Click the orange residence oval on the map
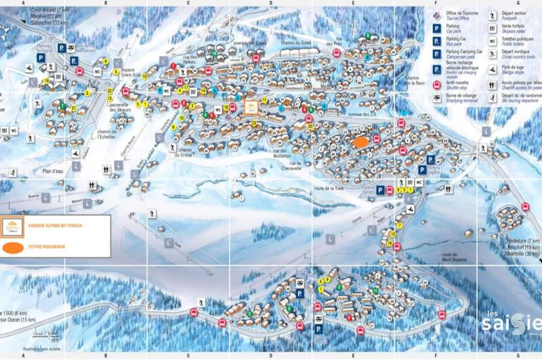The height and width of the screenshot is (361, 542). (x=360, y=142)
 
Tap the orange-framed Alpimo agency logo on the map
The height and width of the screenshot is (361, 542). (x=251, y=108)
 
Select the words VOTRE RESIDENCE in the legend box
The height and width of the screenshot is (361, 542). (x=47, y=247)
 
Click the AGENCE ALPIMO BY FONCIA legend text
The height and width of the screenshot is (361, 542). (x=55, y=225)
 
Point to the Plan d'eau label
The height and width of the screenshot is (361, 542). (x=53, y=171)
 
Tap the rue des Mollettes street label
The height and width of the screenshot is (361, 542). (x=282, y=154)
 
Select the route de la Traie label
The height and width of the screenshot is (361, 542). (x=328, y=188)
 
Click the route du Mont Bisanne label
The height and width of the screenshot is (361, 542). (x=454, y=257)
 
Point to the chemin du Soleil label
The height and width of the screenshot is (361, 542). (x=296, y=43)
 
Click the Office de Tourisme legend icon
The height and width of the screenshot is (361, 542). (x=437, y=16)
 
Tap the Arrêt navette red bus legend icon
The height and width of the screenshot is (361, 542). (x=437, y=85)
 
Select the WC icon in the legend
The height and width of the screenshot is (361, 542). (x=492, y=41)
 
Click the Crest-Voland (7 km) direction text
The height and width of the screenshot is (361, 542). (x=50, y=10)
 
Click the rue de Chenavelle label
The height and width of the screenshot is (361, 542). (x=291, y=166)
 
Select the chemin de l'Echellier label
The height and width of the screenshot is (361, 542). (x=106, y=134)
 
